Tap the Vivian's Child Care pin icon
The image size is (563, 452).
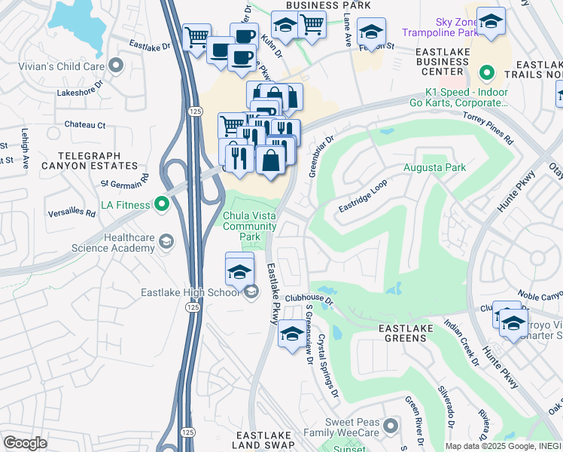coord(116,66)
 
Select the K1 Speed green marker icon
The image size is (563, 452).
coord(486,73)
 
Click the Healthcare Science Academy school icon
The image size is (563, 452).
coord(166,242)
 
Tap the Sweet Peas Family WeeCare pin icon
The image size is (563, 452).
coord(390,427)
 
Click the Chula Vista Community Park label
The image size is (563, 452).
coord(250,226)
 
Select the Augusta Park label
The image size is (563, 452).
coord(434,167)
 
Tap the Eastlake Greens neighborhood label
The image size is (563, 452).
coord(406,334)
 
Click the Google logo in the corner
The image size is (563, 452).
coord(25,442)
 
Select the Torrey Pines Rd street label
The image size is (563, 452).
coord(488,129)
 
